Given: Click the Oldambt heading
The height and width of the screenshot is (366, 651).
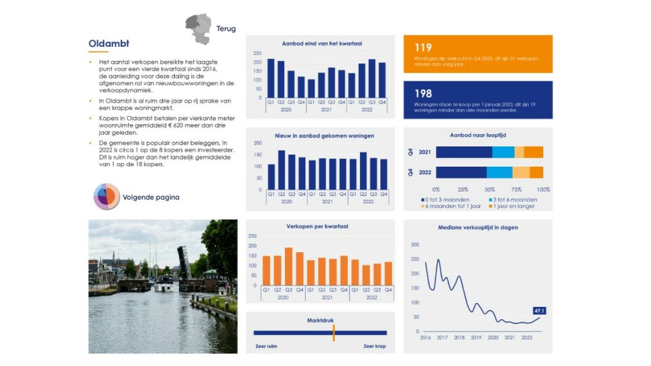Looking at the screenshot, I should (x=109, y=44).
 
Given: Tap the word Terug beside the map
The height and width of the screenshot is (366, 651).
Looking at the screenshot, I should (x=226, y=29).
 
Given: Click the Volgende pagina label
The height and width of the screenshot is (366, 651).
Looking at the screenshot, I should (x=151, y=198).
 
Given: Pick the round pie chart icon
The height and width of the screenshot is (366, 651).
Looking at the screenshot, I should (x=106, y=197).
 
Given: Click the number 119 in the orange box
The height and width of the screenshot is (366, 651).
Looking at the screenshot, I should (x=423, y=48).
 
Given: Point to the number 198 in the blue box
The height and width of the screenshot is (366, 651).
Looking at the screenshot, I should (x=423, y=93).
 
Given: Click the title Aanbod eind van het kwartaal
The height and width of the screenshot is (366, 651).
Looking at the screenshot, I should (x=321, y=43).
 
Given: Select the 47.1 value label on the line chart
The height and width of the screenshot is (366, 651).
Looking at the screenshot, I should (x=540, y=310).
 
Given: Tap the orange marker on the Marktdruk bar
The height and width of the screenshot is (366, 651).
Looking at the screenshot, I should (x=334, y=332).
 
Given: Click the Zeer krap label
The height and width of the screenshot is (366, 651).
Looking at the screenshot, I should (x=374, y=346).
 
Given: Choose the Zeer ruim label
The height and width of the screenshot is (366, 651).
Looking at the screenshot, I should (x=265, y=346).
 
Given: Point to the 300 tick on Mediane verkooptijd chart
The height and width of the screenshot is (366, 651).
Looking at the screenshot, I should (x=415, y=245).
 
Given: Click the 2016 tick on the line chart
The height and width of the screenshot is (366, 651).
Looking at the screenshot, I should (x=425, y=338).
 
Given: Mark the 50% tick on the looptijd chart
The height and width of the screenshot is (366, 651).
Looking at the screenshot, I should (x=490, y=189).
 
